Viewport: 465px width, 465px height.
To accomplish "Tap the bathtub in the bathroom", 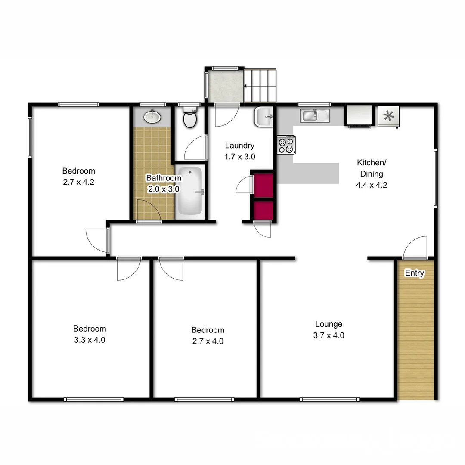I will [190, 192].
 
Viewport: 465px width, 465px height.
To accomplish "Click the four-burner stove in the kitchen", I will [286, 144].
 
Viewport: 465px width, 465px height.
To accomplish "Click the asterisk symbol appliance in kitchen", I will [388, 116].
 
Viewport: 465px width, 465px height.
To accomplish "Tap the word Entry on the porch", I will [415, 273].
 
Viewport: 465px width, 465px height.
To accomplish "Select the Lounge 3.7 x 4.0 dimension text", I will [329, 335].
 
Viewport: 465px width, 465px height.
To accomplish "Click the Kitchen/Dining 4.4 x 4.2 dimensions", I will [372, 186].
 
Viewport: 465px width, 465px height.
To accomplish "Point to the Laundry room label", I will [240, 146].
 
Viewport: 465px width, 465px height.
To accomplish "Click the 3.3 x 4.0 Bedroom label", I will [89, 340].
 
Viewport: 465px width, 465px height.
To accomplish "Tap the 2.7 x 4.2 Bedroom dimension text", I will [78, 182].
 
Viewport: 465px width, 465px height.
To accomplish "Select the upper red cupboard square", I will [263, 185].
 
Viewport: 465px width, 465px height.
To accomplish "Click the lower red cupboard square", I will [263, 210].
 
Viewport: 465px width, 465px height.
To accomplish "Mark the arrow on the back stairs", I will [248, 86].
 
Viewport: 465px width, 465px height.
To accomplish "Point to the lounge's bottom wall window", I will [329, 400].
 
